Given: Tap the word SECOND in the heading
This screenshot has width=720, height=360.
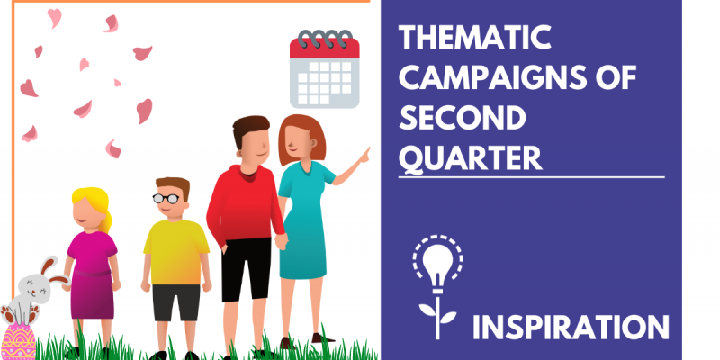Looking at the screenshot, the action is [463, 118].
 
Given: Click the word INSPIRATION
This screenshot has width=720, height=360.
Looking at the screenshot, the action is [571, 327].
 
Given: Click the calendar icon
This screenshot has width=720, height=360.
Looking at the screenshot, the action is [325, 69].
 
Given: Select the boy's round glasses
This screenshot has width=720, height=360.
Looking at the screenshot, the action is [166, 198].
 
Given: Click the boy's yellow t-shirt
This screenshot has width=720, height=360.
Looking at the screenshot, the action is [175, 253].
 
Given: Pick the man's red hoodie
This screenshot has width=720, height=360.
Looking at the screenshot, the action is [245, 204].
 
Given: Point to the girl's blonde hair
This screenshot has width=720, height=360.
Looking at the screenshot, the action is [94, 203].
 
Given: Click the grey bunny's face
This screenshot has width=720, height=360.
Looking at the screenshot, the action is [34, 288].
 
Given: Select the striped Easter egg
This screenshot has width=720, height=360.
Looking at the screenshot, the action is [18, 341].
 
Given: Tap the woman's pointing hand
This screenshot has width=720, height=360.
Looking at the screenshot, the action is [364, 156].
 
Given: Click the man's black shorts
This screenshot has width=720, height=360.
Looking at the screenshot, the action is [246, 269].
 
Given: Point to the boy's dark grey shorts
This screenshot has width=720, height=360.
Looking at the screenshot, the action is [176, 302].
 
